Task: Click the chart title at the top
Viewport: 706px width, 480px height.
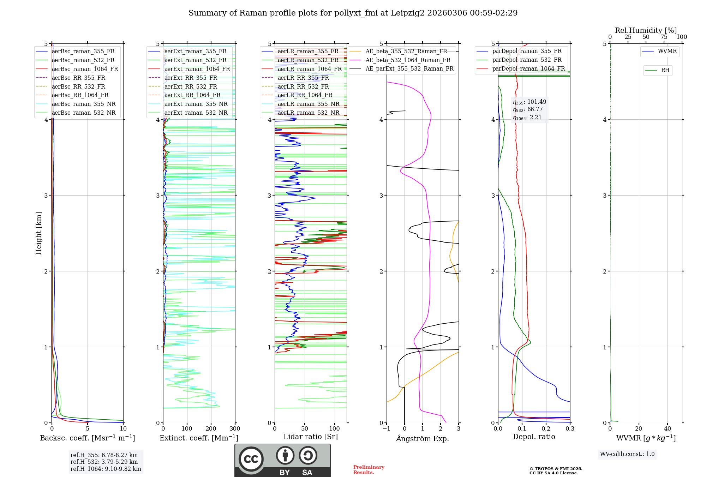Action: (x=353, y=13)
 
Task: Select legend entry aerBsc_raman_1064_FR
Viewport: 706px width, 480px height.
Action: (x=85, y=69)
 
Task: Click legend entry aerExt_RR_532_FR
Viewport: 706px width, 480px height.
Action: (x=191, y=86)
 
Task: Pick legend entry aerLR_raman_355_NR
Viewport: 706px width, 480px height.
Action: (x=308, y=104)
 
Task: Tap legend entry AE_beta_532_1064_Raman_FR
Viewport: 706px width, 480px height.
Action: (x=408, y=60)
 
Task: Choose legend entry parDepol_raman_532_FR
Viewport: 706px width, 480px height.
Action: (x=527, y=60)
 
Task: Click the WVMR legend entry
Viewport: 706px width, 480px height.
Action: (x=667, y=51)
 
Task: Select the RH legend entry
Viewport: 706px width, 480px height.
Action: (x=665, y=70)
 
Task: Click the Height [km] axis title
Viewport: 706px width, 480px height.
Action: (x=38, y=233)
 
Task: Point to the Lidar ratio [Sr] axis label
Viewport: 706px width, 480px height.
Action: (x=311, y=437)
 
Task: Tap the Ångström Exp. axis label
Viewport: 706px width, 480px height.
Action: (x=423, y=438)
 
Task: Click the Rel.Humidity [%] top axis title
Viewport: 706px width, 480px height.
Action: (x=646, y=30)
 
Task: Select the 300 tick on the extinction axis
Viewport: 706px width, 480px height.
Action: (x=235, y=429)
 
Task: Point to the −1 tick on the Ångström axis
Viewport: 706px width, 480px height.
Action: (x=386, y=429)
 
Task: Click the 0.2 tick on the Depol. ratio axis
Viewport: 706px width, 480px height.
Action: (x=546, y=429)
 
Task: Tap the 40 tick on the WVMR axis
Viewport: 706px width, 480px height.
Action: (x=668, y=429)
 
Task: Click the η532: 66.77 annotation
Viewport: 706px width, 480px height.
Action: (x=528, y=109)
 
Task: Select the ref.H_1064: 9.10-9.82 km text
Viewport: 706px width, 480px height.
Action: (x=106, y=469)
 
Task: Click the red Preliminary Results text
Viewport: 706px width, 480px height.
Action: (x=369, y=469)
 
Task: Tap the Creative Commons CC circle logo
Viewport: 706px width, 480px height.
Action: (x=251, y=459)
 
